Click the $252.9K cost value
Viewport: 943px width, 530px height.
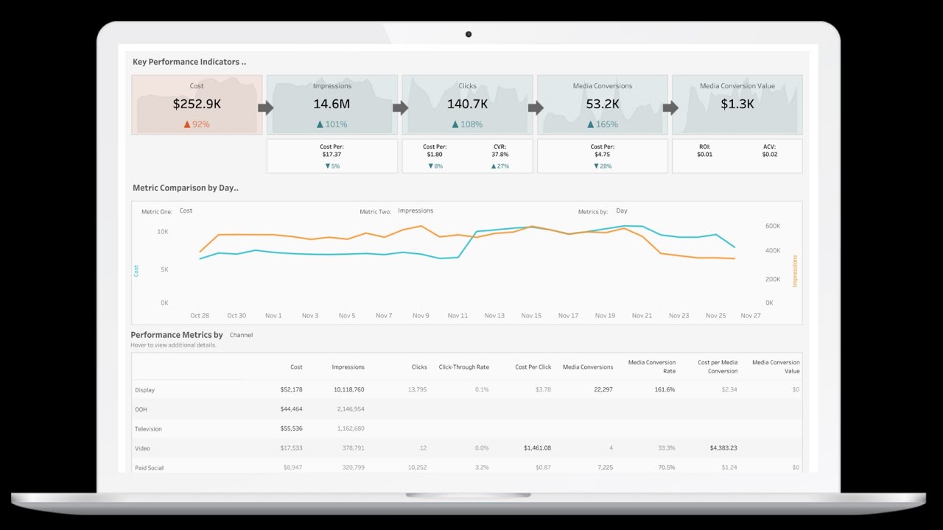coord(197,105)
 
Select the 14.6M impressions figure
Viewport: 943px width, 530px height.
coord(332,105)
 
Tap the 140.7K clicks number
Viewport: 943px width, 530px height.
coord(467,105)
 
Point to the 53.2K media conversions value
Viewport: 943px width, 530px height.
coord(602,105)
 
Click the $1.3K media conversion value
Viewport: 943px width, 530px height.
coord(737,105)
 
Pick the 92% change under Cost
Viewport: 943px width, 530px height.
coord(197,124)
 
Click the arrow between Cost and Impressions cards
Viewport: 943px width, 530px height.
coord(265,108)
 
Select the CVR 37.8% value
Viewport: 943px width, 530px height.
coord(499,155)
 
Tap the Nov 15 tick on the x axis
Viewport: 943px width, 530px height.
coord(531,316)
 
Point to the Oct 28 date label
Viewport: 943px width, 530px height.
coord(200,316)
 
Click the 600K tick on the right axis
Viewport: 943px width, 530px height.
coord(773,226)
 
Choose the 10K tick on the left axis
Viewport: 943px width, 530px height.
coord(163,232)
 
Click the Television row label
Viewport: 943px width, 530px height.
coord(148,428)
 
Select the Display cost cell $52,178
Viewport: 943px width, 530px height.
coord(291,389)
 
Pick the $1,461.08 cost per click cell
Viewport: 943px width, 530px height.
coord(537,448)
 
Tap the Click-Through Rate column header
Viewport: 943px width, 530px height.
coord(463,367)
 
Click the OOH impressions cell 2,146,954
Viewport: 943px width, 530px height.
coord(349,409)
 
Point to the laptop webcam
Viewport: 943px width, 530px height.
coord(468,34)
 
